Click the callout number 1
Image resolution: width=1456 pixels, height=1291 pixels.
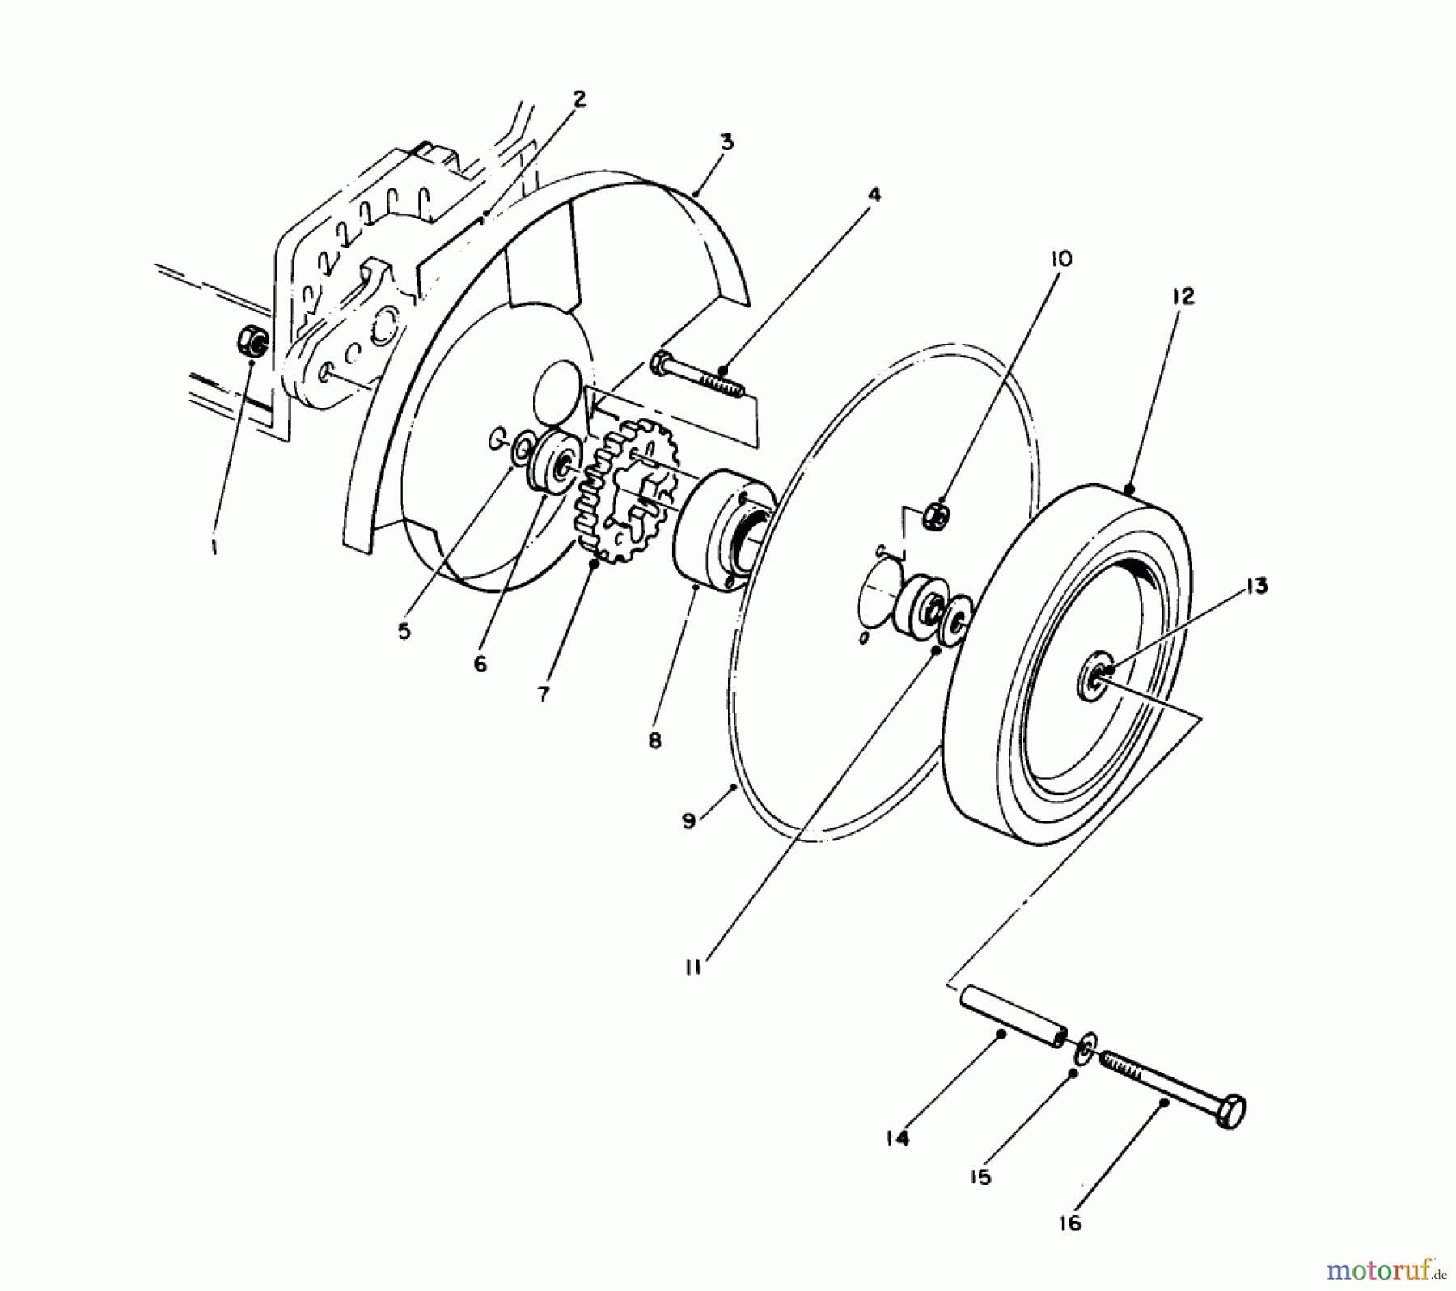click(x=214, y=548)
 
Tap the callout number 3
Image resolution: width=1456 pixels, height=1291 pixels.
click(x=726, y=142)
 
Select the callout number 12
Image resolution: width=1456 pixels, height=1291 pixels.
click(x=1182, y=296)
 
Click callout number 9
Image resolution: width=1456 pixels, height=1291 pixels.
click(x=688, y=821)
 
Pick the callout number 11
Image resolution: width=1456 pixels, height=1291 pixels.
click(x=692, y=966)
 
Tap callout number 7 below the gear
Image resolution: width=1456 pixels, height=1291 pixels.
click(x=543, y=693)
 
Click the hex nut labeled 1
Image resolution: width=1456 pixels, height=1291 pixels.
click(x=250, y=342)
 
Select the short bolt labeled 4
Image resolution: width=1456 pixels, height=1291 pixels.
click(x=696, y=376)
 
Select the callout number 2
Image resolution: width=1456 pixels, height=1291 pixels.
click(x=578, y=99)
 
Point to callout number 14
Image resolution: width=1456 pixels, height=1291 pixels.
click(x=897, y=1138)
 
